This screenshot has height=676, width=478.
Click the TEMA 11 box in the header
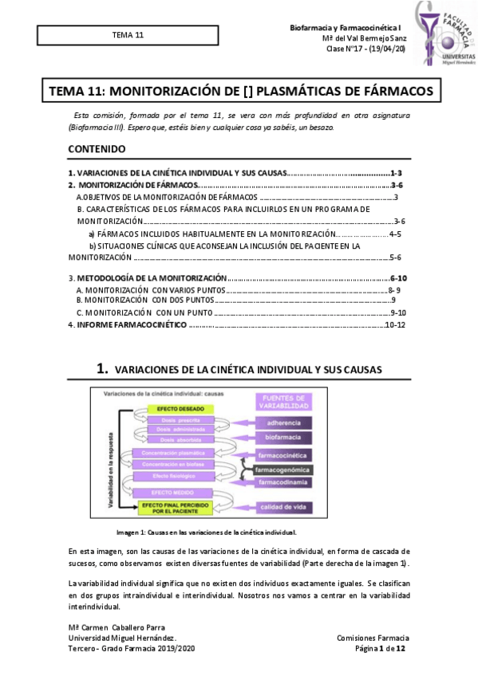pyautogui.click(x=128, y=36)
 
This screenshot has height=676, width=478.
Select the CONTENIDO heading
pyautogui.click(x=97, y=148)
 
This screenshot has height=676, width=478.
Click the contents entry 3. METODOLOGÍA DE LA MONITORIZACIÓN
pyautogui.click(x=148, y=277)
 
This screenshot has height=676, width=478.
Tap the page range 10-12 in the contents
pyautogui.click(x=396, y=325)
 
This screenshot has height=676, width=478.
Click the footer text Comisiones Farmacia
pyautogui.click(x=373, y=638)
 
